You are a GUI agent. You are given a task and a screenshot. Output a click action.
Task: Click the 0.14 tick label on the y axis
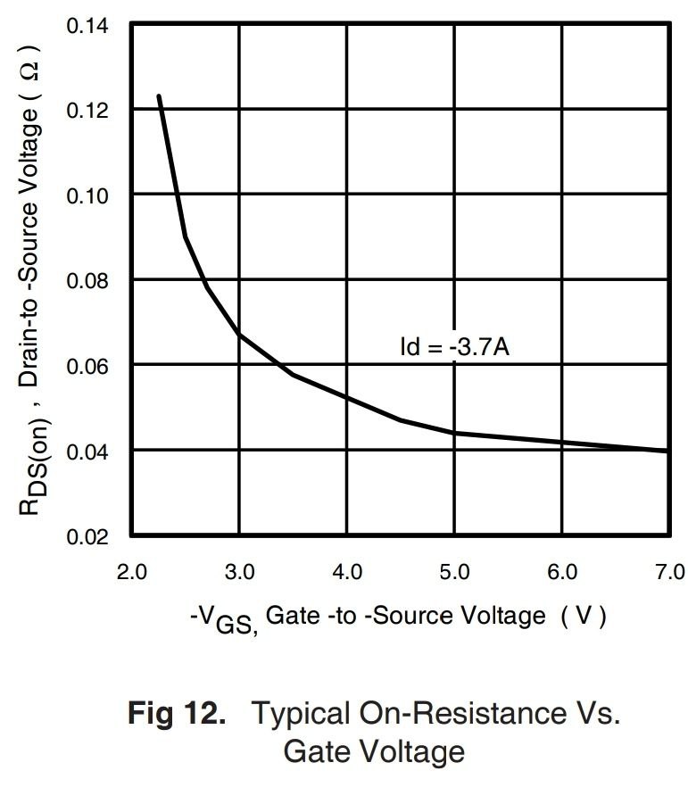pyautogui.click(x=86, y=25)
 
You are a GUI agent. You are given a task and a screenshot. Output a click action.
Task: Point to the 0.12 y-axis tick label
pyautogui.click(x=86, y=111)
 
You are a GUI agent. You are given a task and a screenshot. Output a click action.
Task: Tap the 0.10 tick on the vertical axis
pyautogui.click(x=86, y=195)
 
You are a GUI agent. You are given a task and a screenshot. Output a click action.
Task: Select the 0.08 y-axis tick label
pyautogui.click(x=86, y=281)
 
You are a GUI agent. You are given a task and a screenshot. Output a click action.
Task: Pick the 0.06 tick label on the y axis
pyautogui.click(x=86, y=366)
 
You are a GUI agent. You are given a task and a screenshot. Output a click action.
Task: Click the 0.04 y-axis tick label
pyautogui.click(x=86, y=452)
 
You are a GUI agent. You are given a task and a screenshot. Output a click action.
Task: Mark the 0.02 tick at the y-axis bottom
pyautogui.click(x=86, y=536)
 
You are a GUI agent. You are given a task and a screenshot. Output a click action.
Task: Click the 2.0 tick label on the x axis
pyautogui.click(x=131, y=571)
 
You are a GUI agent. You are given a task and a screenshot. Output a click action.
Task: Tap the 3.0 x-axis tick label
pyautogui.click(x=239, y=571)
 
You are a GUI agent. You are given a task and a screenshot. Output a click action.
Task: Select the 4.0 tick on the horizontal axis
pyautogui.click(x=346, y=571)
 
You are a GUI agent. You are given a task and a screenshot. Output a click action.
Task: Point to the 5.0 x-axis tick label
pyautogui.click(x=454, y=571)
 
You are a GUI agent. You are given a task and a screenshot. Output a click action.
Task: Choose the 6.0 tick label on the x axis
pyautogui.click(x=562, y=571)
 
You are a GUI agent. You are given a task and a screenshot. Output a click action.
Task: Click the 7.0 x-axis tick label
pyautogui.click(x=668, y=571)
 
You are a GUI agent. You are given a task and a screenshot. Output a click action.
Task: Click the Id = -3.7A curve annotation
pyautogui.click(x=455, y=345)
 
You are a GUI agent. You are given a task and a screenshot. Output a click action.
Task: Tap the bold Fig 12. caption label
pyautogui.click(x=177, y=714)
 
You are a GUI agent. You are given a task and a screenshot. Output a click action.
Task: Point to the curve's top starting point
pyautogui.click(x=159, y=95)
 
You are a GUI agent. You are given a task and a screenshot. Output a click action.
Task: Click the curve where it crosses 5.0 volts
pyautogui.click(x=454, y=433)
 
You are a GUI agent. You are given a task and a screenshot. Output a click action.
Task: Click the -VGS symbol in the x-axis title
pyautogui.click(x=224, y=618)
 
